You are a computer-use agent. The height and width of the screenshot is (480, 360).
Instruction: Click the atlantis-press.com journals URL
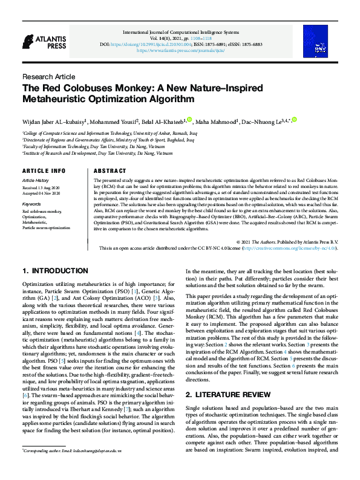pyautogui.click(x=180, y=51)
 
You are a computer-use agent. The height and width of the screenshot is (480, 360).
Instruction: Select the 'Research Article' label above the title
pyautogui.click(x=48, y=77)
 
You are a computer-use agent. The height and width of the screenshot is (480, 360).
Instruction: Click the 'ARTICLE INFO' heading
pyautogui.click(x=44, y=171)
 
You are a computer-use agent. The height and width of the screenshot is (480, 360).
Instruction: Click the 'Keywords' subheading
pyautogui.click(x=31, y=204)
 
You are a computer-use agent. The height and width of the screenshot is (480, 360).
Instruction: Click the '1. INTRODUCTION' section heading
pyautogui.click(x=55, y=271)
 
